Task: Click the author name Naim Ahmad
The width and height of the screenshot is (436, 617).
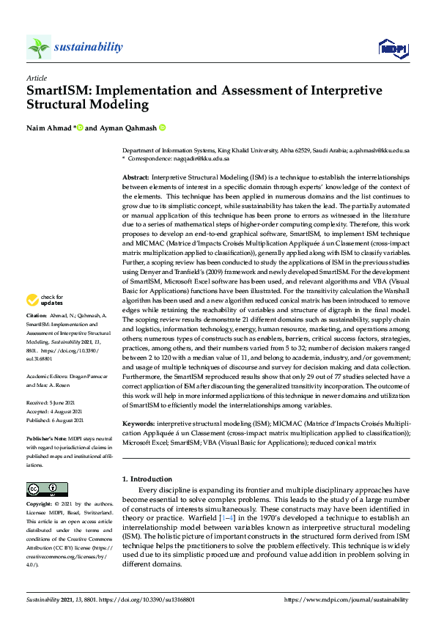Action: pos(48,128)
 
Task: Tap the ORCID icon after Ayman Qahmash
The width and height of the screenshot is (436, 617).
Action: pos(162,128)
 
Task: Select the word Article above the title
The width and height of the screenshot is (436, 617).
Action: pos(37,77)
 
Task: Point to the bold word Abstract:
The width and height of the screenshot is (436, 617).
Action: pos(136,178)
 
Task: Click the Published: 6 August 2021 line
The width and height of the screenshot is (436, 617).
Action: pos(56,421)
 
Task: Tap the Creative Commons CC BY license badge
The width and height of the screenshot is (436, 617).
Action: pos(43,489)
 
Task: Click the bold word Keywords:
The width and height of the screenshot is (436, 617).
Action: pos(138,424)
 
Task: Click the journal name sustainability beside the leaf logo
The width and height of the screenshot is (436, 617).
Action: pos(89,48)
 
